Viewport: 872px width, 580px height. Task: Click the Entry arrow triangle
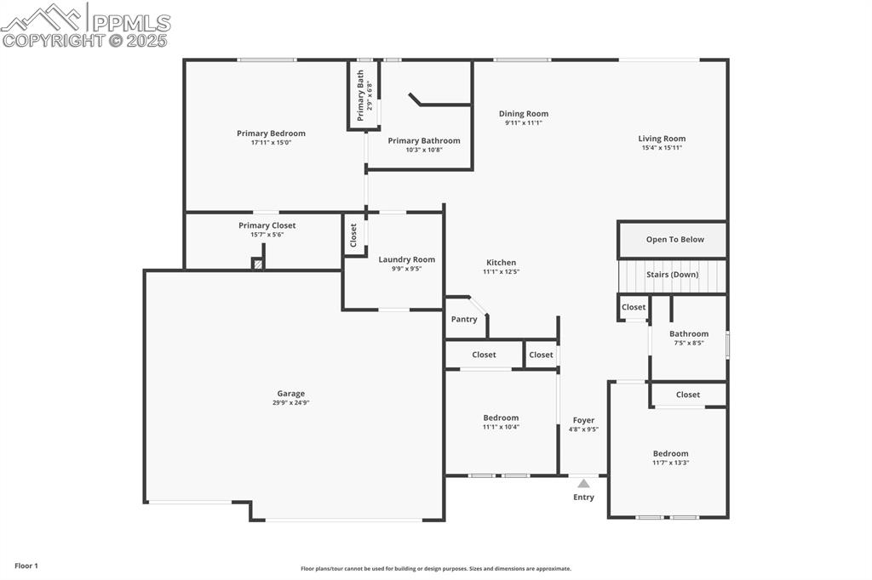tap(583, 483)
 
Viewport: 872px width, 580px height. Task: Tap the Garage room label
tap(290, 394)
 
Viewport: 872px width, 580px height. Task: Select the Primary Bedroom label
tap(271, 134)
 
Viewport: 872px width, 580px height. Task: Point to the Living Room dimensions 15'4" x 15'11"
tap(662, 148)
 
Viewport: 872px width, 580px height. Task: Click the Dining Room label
tap(523, 114)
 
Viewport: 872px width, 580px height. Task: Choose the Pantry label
tap(464, 320)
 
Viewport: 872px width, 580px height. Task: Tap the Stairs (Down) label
tap(673, 275)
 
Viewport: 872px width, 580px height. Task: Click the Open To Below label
tap(674, 240)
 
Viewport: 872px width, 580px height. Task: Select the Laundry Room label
tap(406, 259)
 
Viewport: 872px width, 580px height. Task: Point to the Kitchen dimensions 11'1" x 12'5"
tap(501, 272)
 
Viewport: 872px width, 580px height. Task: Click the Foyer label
tap(583, 420)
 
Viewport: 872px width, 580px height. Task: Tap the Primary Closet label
tap(267, 225)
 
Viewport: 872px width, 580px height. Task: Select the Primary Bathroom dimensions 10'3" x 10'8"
tap(423, 150)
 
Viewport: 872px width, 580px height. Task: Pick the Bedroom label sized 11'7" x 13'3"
tap(670, 453)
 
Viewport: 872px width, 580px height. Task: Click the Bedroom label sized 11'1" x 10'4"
tap(501, 418)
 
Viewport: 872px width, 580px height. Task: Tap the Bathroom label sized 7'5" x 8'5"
tap(688, 334)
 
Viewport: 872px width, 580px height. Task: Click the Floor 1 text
tap(26, 566)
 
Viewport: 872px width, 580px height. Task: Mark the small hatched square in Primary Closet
tap(257, 264)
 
